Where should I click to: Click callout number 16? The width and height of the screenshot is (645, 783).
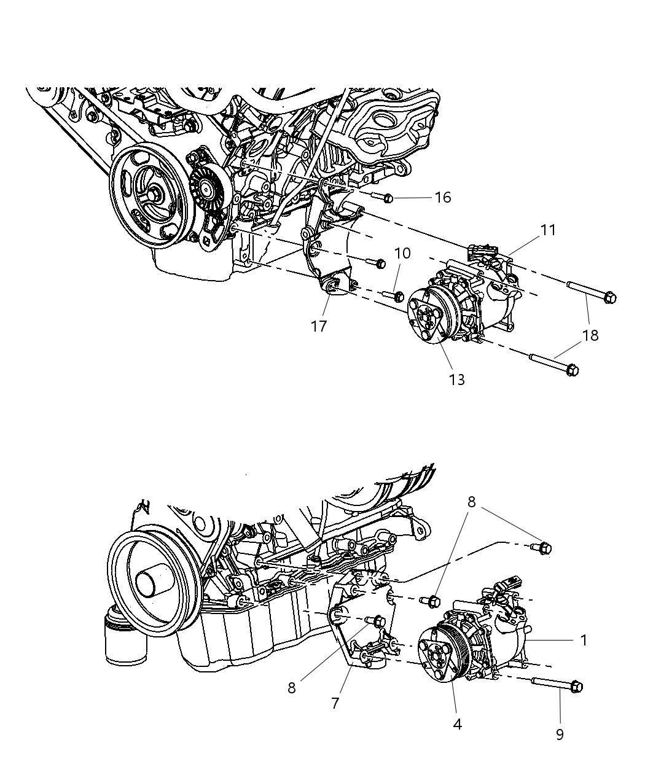pyautogui.click(x=442, y=197)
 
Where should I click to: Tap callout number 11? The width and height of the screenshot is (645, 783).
pyautogui.click(x=548, y=230)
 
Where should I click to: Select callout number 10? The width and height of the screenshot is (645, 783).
pyautogui.click(x=402, y=253)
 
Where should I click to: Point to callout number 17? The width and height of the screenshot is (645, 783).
pyautogui.click(x=319, y=325)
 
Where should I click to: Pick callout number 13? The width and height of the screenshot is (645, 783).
pyautogui.click(x=456, y=380)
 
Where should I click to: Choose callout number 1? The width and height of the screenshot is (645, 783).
pyautogui.click(x=584, y=640)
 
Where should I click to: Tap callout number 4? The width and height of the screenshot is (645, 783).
pyautogui.click(x=457, y=724)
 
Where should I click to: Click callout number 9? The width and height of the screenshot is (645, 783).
pyautogui.click(x=560, y=734)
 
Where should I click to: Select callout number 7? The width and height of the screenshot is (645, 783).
pyautogui.click(x=335, y=703)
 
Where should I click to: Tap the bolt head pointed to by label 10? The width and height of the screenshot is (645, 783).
pyautogui.click(x=398, y=297)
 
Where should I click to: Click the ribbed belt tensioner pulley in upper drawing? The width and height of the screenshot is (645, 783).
pyautogui.click(x=208, y=185)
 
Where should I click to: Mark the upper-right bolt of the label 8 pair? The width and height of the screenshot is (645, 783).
pyautogui.click(x=544, y=548)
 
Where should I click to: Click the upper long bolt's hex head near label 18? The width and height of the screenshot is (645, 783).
pyautogui.click(x=609, y=298)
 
